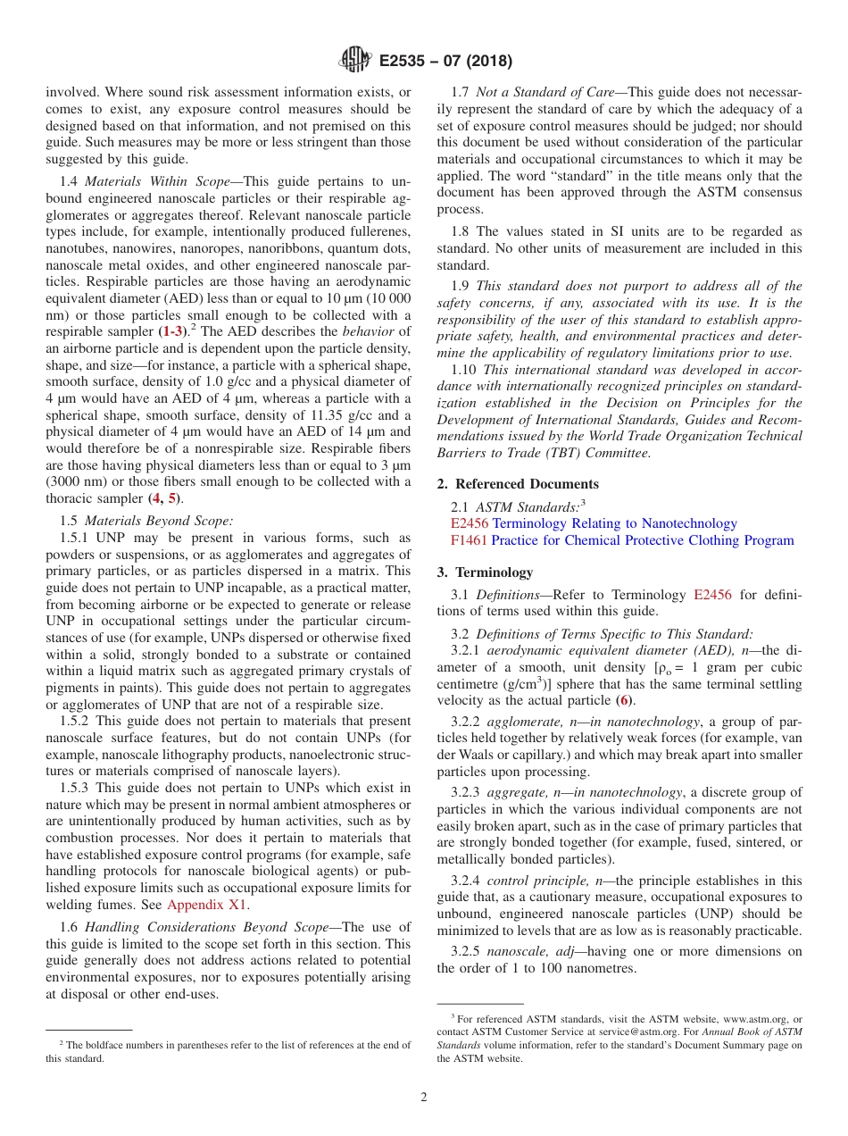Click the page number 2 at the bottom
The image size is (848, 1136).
click(424, 1097)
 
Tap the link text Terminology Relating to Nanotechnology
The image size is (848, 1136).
click(615, 523)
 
